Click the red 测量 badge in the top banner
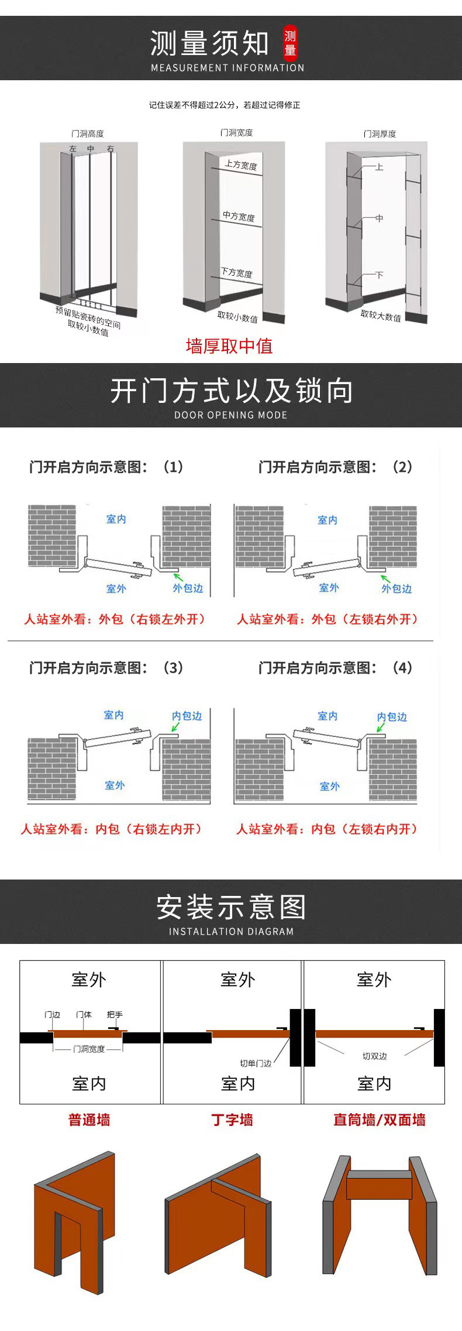(290, 43)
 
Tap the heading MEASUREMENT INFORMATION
(227, 68)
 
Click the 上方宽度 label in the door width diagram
(241, 165)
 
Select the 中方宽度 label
(239, 217)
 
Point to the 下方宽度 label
(236, 272)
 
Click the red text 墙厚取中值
(229, 346)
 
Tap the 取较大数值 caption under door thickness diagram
(381, 316)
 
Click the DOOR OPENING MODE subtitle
(230, 415)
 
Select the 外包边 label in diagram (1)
(188, 588)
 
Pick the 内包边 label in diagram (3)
(187, 716)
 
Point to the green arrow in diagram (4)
(381, 727)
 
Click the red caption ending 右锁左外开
(115, 619)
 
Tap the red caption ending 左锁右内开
(327, 829)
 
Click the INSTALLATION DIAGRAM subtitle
(231, 932)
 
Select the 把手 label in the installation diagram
(115, 1014)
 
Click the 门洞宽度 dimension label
(89, 1049)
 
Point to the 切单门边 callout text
(256, 1063)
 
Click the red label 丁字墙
(232, 1120)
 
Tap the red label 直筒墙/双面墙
(379, 1120)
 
